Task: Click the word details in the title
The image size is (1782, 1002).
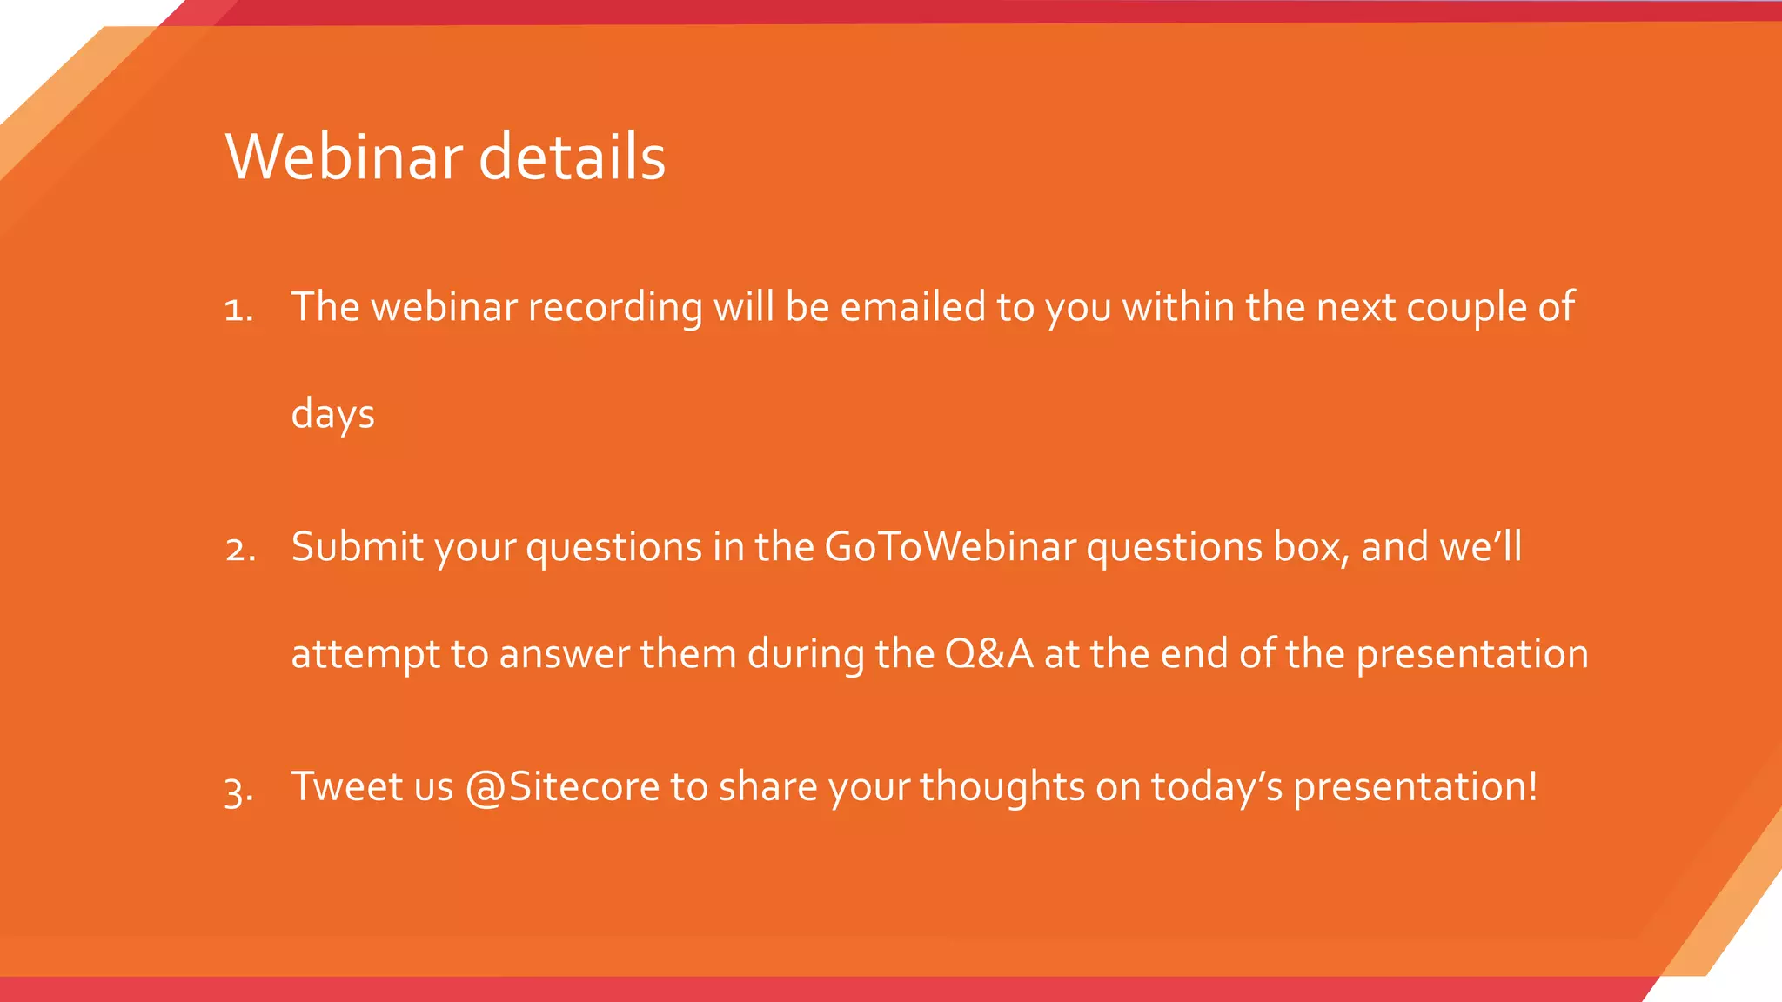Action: click(x=572, y=157)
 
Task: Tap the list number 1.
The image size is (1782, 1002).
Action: click(x=238, y=310)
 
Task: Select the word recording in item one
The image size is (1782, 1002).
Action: click(x=614, y=308)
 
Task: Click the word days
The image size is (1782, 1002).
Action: click(x=332, y=415)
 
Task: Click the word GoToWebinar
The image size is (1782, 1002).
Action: click(x=950, y=547)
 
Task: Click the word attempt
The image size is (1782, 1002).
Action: click(x=365, y=655)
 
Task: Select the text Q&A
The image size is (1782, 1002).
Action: click(x=989, y=654)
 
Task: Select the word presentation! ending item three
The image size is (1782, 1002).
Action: click(x=1415, y=788)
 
